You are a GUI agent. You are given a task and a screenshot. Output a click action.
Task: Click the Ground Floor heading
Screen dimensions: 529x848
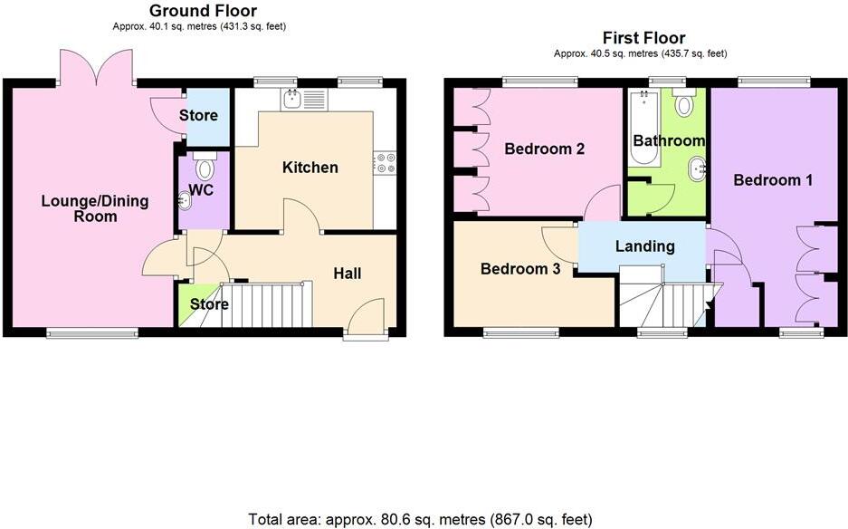203,11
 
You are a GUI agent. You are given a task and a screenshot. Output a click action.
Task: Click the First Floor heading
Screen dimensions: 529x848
643,37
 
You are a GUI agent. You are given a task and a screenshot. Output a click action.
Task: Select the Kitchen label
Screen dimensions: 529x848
310,168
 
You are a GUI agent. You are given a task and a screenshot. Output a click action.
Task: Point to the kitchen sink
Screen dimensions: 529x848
292,98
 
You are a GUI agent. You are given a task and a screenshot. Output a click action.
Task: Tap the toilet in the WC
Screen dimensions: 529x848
204,168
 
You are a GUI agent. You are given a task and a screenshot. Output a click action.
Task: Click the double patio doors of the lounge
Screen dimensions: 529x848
99,68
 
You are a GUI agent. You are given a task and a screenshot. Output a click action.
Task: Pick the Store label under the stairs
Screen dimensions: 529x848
209,304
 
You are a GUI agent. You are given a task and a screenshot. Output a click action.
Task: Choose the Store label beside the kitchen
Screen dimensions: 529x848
198,116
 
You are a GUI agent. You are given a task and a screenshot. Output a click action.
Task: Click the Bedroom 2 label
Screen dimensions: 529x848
544,149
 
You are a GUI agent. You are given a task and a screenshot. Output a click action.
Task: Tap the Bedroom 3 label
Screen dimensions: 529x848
519,269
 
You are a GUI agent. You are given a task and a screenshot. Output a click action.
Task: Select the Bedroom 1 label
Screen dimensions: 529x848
772,180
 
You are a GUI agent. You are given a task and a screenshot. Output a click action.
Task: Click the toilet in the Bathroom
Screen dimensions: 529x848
684,105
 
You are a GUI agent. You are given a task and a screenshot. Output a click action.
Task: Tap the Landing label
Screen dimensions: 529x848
644,246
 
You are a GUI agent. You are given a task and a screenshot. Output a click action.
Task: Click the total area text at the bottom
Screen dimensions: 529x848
421,519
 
